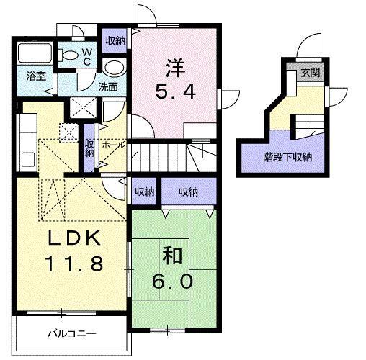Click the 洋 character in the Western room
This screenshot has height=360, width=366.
point(177,69)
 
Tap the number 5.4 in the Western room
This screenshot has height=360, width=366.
point(177,92)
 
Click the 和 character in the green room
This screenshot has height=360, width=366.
point(169,254)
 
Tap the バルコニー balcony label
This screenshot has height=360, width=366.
point(71,334)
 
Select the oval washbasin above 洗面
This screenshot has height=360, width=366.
point(112,67)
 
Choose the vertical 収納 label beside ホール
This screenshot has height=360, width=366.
point(89,149)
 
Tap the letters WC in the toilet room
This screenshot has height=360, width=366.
point(86,55)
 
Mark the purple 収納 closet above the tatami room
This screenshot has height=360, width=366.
point(188,192)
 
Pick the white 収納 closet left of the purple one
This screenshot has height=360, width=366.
point(145,192)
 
